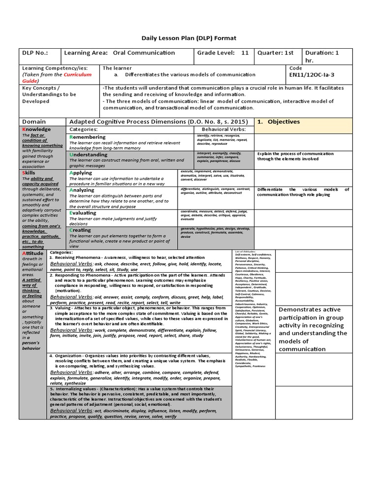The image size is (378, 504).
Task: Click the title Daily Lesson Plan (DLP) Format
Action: (x=189, y=38)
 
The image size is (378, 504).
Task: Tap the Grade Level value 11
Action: (x=245, y=53)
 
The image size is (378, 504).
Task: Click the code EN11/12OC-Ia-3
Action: (x=313, y=75)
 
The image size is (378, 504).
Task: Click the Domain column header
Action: (x=34, y=122)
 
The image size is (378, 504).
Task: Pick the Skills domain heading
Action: (x=29, y=173)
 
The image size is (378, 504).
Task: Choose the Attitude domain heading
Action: (x=33, y=253)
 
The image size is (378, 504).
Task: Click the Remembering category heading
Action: (x=87, y=137)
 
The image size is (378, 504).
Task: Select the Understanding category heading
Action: (x=88, y=155)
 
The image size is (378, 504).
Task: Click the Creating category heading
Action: (x=80, y=230)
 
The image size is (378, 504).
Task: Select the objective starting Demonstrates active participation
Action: (x=313, y=329)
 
